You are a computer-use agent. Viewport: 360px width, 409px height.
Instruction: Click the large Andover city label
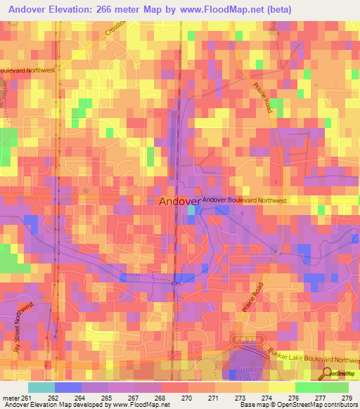tap(179, 202)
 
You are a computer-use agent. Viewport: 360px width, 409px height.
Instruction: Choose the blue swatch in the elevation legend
tap(67, 387)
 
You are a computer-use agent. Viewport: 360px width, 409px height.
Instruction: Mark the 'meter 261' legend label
tap(17, 397)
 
